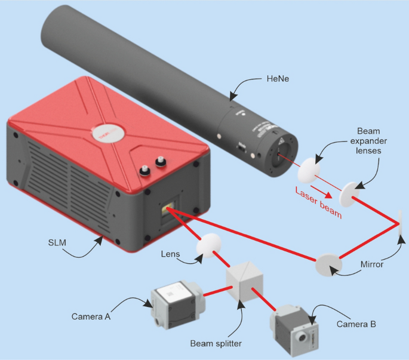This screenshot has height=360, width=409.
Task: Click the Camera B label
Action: pos(356,325)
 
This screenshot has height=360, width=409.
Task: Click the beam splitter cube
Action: pos(244,281)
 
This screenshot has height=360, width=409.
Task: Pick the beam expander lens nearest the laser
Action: pos(307,169)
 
